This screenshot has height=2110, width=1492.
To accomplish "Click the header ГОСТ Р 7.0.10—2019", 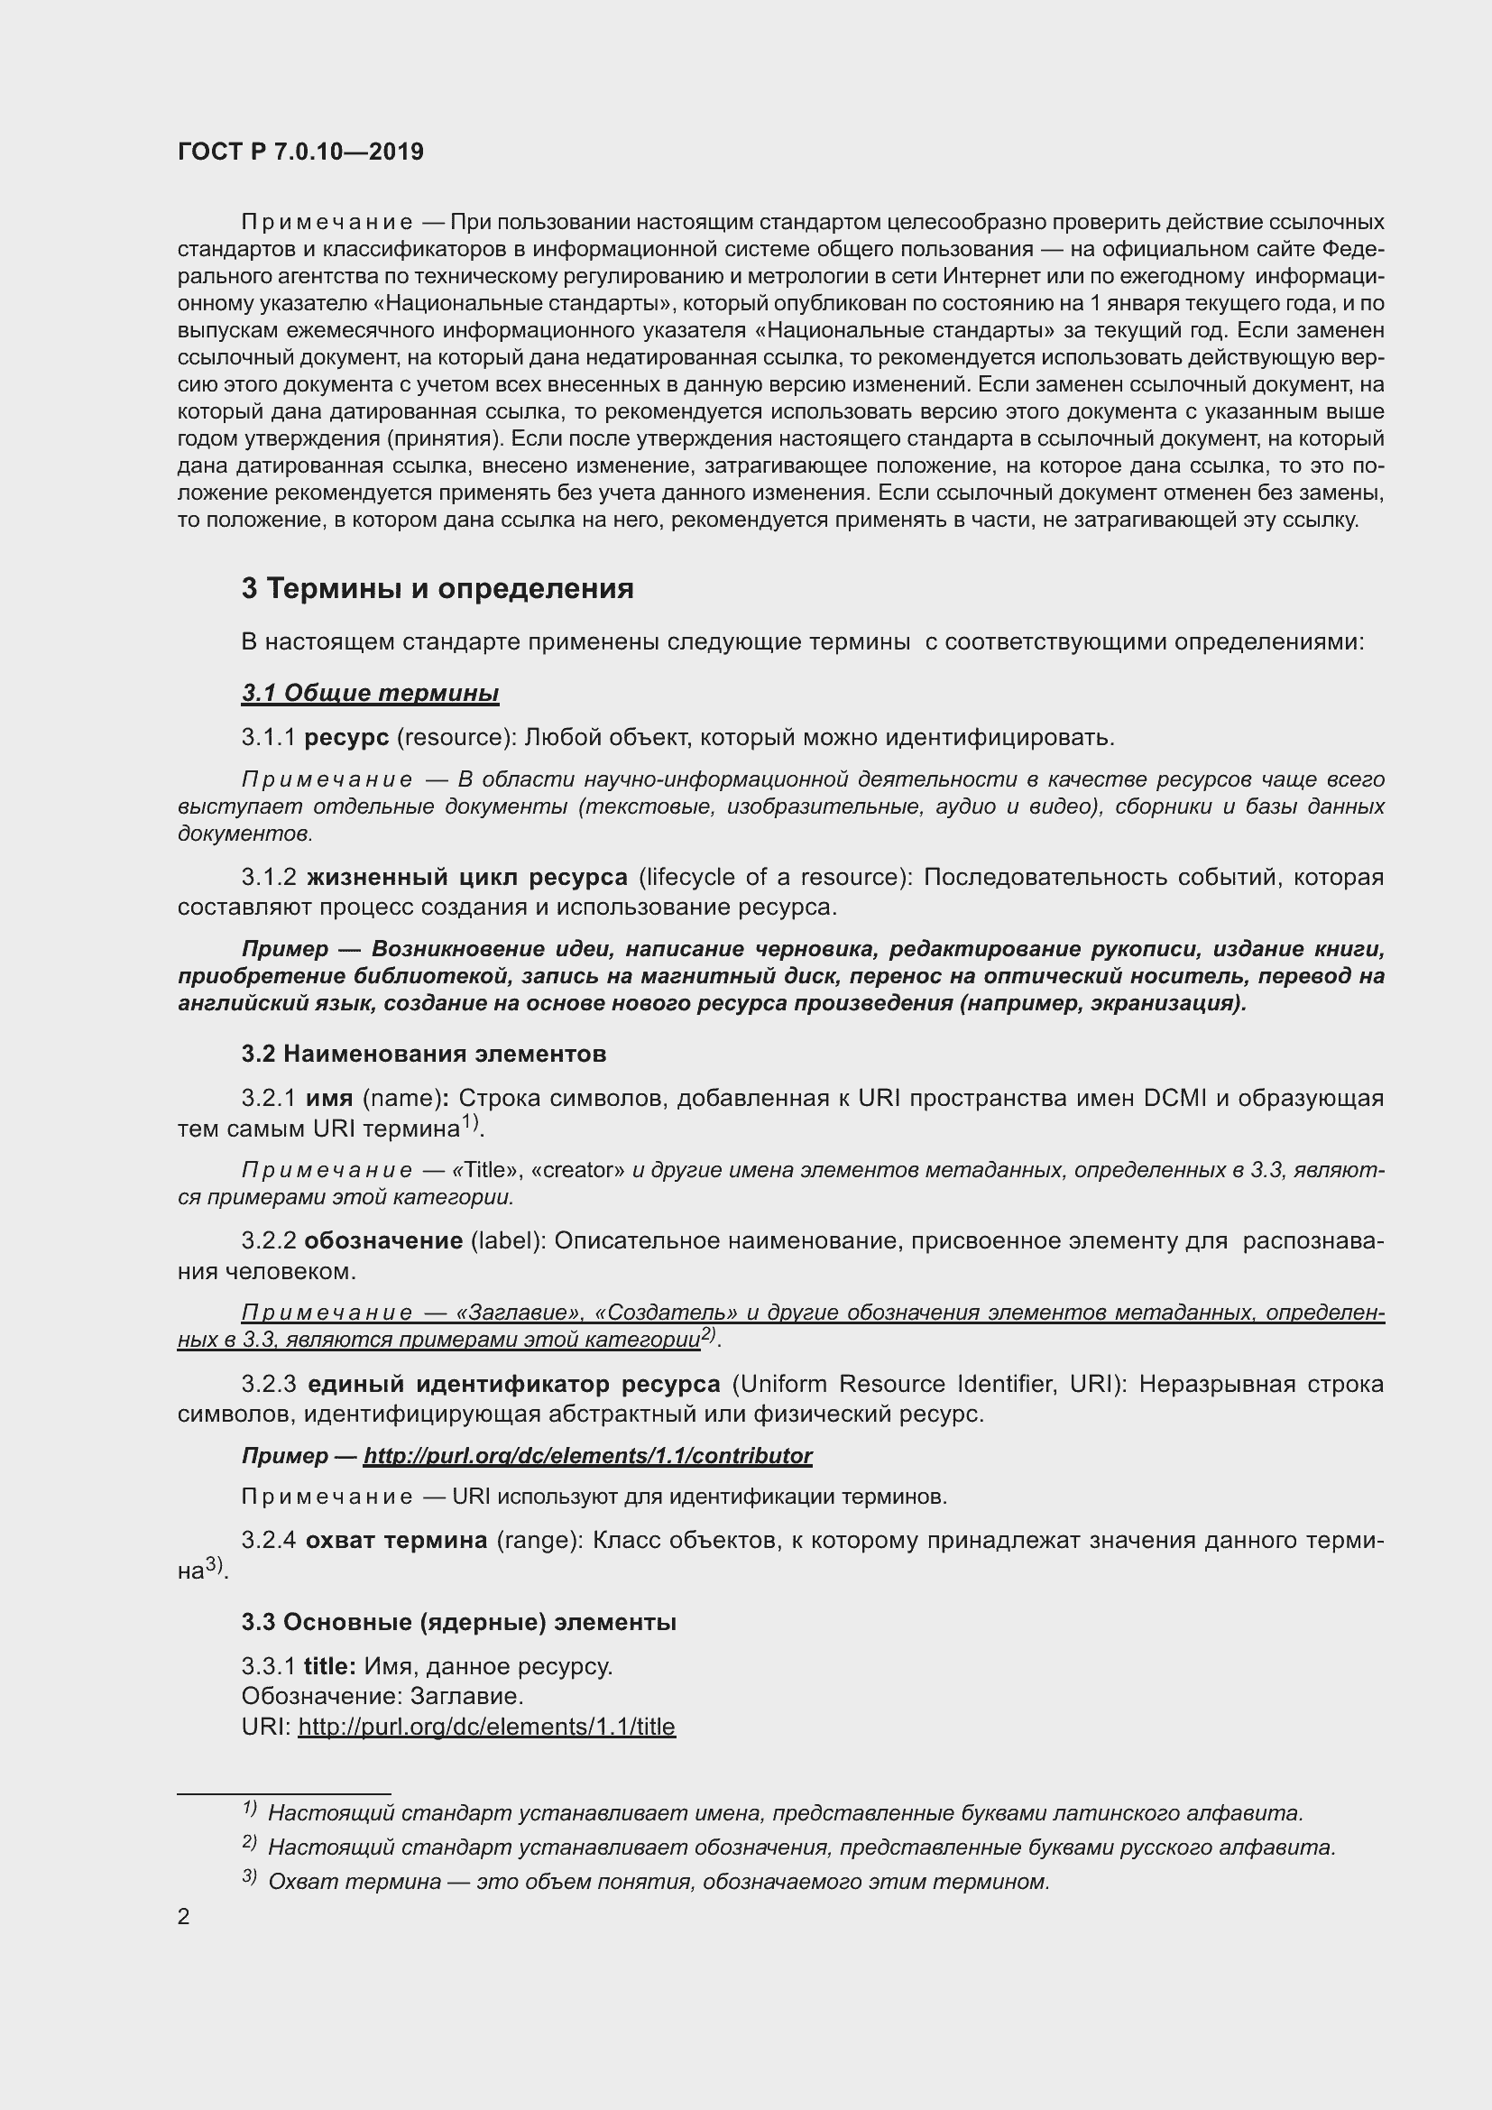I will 300,152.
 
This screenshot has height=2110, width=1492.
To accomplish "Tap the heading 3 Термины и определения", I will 437,588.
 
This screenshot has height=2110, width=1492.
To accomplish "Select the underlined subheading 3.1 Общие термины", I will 369,693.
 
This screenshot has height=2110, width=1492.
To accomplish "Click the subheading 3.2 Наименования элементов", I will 424,1053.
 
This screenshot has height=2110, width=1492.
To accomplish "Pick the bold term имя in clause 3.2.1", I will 329,1098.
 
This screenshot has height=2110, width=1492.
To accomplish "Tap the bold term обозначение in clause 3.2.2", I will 383,1240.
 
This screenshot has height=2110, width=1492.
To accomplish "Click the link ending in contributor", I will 587,1456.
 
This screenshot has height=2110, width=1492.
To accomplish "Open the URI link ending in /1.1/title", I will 486,1727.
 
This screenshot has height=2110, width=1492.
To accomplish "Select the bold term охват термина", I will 396,1540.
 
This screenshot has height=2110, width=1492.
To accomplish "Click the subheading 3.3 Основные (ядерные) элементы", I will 458,1622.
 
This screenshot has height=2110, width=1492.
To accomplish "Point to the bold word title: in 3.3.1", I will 330,1666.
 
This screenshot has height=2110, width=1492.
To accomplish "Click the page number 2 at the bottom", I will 184,1916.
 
